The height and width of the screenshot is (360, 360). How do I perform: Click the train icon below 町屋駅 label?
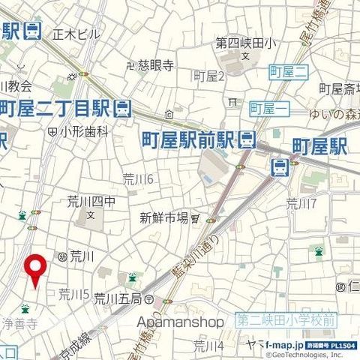[279, 166]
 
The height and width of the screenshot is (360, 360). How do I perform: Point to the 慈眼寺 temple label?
[156, 65]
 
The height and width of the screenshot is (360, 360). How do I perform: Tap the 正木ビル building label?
[77, 34]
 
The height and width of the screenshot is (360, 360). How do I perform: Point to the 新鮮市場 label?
[163, 218]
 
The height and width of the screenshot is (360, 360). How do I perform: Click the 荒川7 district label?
[302, 202]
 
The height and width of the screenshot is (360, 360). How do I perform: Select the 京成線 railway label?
[79, 340]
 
